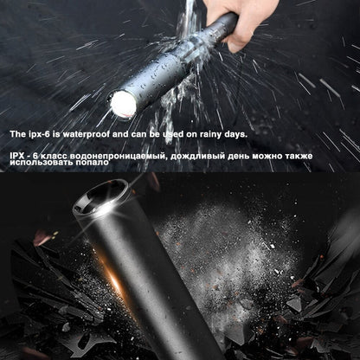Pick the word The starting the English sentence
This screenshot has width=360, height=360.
(x=18, y=134)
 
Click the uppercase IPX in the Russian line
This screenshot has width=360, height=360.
(x=17, y=153)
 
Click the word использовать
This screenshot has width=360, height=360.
(x=39, y=164)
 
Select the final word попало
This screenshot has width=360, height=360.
(x=93, y=164)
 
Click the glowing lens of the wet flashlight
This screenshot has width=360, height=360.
(x=119, y=105)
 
